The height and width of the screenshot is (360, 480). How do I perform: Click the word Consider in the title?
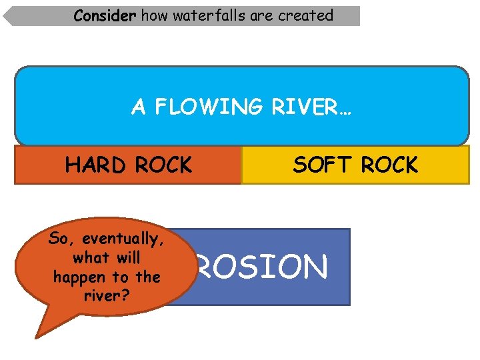coord(105,15)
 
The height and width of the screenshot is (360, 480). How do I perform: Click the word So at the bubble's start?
coord(57,239)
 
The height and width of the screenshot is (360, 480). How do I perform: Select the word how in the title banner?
coord(154,15)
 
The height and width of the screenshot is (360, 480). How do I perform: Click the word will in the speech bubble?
coord(126,257)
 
